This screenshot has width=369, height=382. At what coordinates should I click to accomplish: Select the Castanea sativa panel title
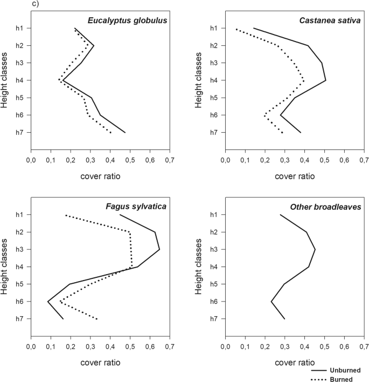329,21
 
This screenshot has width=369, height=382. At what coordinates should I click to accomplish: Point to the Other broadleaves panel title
326,207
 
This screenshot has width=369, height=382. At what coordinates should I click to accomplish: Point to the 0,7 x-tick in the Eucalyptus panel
170,160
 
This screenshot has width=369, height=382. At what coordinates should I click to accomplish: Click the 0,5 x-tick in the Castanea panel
324,160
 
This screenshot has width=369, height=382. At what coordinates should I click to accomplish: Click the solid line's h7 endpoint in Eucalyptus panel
125,132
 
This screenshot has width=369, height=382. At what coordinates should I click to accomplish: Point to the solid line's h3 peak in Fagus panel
159,249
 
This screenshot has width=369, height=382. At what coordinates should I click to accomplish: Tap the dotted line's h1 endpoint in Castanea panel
236,29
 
